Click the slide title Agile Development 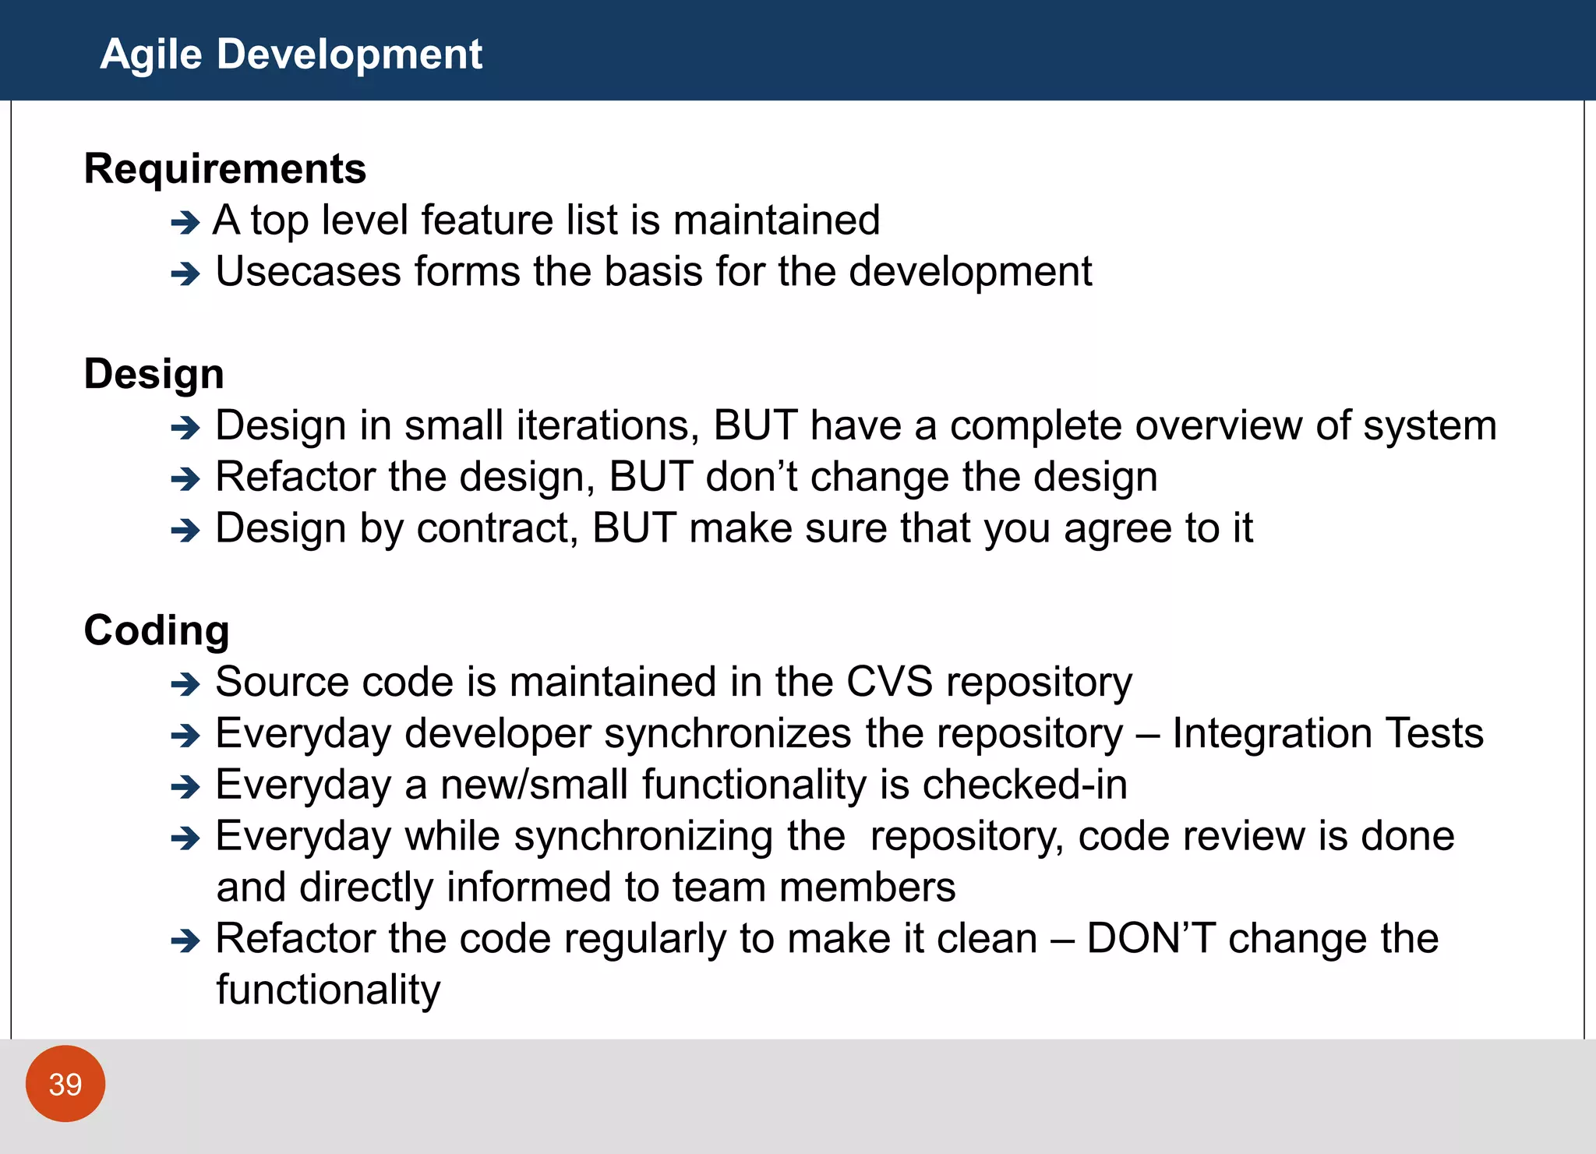pyautogui.click(x=291, y=55)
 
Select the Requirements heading pyautogui.click(x=224, y=169)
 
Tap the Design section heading pyautogui.click(x=154, y=374)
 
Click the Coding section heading pyautogui.click(x=156, y=630)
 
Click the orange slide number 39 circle pyautogui.click(x=65, y=1084)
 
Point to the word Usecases pyautogui.click(x=308, y=272)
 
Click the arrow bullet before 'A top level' pyautogui.click(x=185, y=224)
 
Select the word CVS pyautogui.click(x=889, y=682)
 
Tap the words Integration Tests pyautogui.click(x=1327, y=733)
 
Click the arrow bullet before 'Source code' pyautogui.click(x=185, y=686)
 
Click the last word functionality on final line pyautogui.click(x=328, y=990)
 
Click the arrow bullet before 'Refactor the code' pyautogui.click(x=185, y=942)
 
